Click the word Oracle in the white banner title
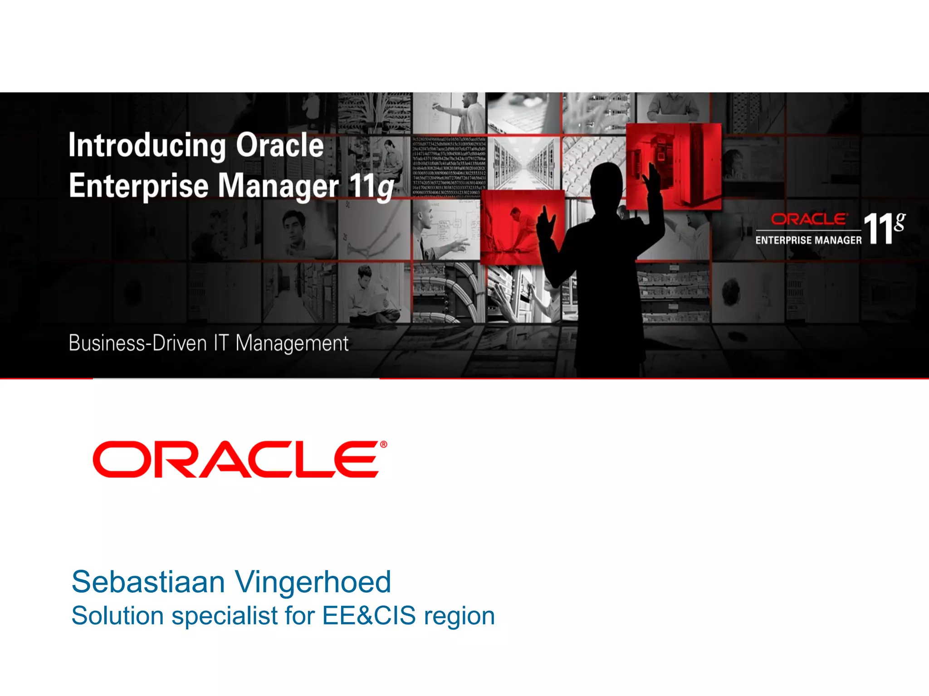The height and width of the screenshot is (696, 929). (x=279, y=145)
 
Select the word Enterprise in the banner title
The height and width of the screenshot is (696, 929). (x=138, y=186)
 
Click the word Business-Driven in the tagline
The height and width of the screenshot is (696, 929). (x=137, y=343)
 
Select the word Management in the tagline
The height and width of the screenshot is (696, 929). (x=292, y=343)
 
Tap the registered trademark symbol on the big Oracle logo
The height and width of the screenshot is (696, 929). (x=383, y=445)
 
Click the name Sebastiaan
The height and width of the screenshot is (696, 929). (x=148, y=582)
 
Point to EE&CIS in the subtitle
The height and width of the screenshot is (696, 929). (x=369, y=616)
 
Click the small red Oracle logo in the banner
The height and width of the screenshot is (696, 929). (x=809, y=220)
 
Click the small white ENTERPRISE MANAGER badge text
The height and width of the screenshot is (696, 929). (x=808, y=240)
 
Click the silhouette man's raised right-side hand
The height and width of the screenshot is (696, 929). (x=654, y=179)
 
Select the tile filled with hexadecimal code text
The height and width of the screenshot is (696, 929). (x=449, y=166)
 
